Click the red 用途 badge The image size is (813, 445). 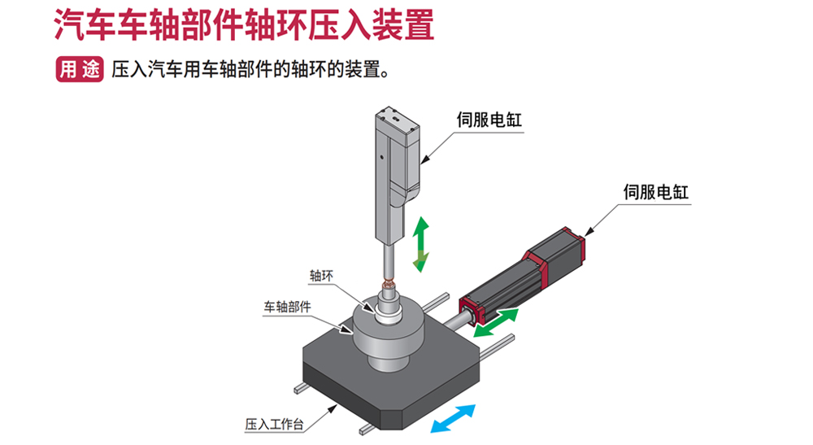click(79, 69)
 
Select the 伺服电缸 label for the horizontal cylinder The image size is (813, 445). click(655, 192)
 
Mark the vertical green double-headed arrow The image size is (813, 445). click(421, 243)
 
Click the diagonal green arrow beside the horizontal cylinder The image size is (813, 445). click(495, 323)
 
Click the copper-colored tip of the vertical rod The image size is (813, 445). click(390, 285)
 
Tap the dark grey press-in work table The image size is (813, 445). click(358, 382)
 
